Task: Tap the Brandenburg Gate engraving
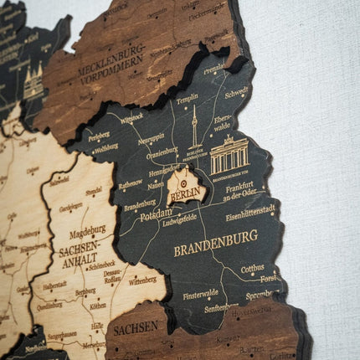point(229,156)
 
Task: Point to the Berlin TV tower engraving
point(195,126)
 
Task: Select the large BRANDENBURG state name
point(215,249)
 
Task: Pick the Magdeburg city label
point(87,229)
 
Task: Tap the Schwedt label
point(236,92)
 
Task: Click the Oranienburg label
point(161,154)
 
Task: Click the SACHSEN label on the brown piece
point(136,327)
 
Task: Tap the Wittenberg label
point(142,281)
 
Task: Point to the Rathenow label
point(131,185)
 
